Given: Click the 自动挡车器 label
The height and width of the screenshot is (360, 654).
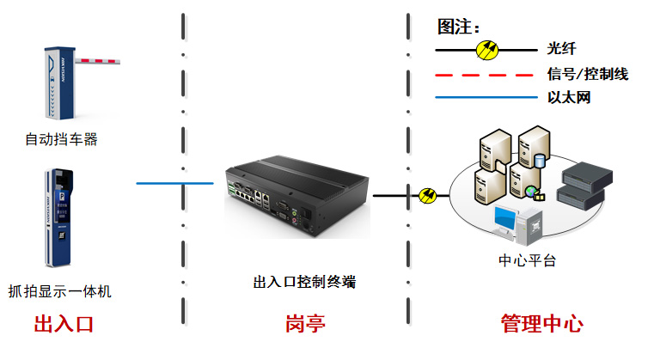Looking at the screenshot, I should (x=61, y=138).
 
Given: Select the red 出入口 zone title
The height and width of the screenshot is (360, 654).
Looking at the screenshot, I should (x=64, y=325).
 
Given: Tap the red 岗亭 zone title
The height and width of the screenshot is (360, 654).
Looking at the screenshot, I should (x=306, y=325).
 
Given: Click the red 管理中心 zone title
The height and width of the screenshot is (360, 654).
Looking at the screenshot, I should (x=541, y=325).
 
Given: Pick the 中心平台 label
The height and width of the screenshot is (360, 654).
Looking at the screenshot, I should (x=527, y=260).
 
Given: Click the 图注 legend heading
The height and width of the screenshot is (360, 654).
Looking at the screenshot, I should (x=458, y=27).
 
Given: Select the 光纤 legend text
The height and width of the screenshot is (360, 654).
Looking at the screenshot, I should (x=560, y=49).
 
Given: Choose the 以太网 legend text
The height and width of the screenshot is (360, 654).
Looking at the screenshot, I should (x=569, y=98).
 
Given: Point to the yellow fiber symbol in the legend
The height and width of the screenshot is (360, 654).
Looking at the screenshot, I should (x=486, y=49).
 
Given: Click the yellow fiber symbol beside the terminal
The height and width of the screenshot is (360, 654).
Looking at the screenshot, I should (x=427, y=196).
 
